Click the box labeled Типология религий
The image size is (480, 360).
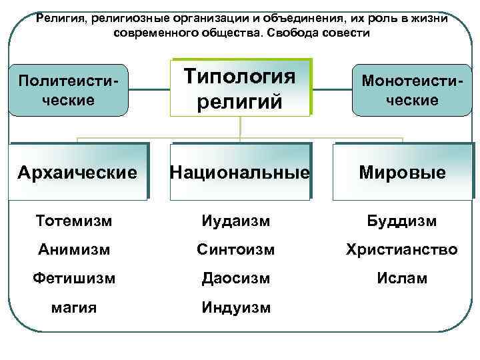[x=240, y=87]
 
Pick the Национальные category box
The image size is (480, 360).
[x=240, y=173]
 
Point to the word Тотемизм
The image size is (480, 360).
[x=73, y=221]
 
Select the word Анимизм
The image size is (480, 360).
[x=73, y=249]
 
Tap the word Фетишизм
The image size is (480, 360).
[x=73, y=278]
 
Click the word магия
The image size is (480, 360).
[x=73, y=307]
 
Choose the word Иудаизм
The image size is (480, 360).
[x=237, y=221]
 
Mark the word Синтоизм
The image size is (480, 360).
[x=237, y=249]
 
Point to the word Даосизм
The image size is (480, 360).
[x=237, y=278]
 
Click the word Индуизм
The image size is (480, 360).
[x=237, y=307]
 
